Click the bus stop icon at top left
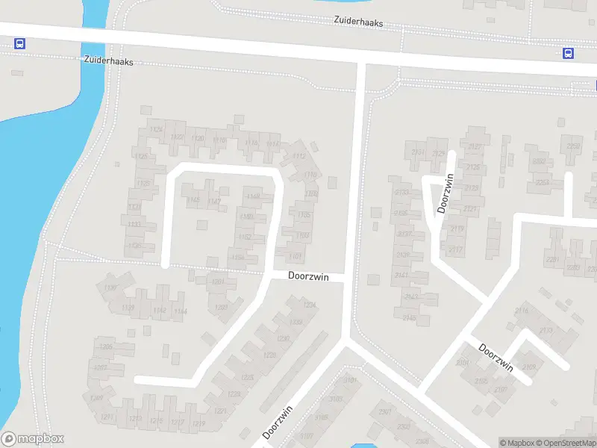(x=19, y=44)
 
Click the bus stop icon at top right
(x=568, y=53)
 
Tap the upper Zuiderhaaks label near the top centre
(x=358, y=23)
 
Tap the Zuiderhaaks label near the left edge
(x=108, y=62)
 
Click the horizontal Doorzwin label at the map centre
(x=309, y=276)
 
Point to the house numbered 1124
(x=156, y=130)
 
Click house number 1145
(x=193, y=199)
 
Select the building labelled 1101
(x=296, y=256)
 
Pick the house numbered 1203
(x=221, y=307)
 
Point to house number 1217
(x=177, y=422)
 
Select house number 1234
(x=309, y=305)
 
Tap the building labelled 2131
(x=418, y=152)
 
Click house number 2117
(x=456, y=249)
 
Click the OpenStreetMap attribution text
(x=564, y=443)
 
